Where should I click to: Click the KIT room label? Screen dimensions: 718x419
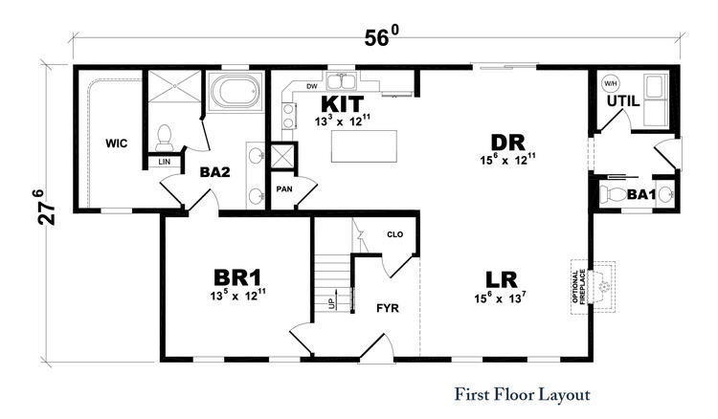click(x=343, y=104)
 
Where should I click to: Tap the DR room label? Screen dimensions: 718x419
click(x=507, y=143)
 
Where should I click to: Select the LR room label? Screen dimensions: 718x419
click(x=501, y=280)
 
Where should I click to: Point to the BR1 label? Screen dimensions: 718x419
click(x=237, y=277)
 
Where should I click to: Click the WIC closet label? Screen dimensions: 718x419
click(x=116, y=143)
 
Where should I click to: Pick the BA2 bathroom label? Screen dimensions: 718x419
click(x=214, y=172)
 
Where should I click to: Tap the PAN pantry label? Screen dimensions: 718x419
click(x=284, y=188)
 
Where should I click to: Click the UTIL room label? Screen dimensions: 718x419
click(x=623, y=101)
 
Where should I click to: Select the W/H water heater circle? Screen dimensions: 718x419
click(x=610, y=84)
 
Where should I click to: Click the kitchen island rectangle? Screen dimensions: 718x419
click(x=364, y=146)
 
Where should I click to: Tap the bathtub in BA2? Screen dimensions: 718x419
click(x=235, y=91)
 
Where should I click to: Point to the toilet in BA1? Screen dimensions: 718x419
click(x=613, y=195)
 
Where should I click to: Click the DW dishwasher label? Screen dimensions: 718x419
click(x=312, y=86)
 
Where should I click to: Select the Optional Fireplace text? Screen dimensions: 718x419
click(x=579, y=287)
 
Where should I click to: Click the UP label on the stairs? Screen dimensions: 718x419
click(x=331, y=303)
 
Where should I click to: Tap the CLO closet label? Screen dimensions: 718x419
click(x=394, y=234)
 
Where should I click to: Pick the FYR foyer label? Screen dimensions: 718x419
click(x=388, y=308)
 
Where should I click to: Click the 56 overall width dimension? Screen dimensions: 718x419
click(x=381, y=36)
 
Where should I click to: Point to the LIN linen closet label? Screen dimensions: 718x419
click(x=165, y=162)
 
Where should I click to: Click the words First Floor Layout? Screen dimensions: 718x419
click(x=522, y=395)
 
